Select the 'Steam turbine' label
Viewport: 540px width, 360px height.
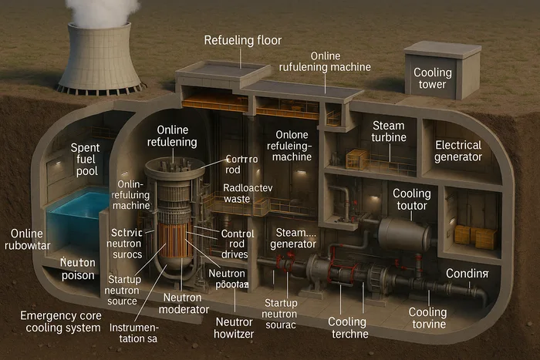point(388,132)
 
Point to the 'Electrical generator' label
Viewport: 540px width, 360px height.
point(458,151)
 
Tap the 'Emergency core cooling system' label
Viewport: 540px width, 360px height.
point(61,321)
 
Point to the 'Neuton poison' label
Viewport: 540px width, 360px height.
point(77,269)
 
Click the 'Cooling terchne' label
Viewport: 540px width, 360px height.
point(348,328)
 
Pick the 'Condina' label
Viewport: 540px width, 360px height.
point(467,274)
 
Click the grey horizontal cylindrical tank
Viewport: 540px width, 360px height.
point(404,233)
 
